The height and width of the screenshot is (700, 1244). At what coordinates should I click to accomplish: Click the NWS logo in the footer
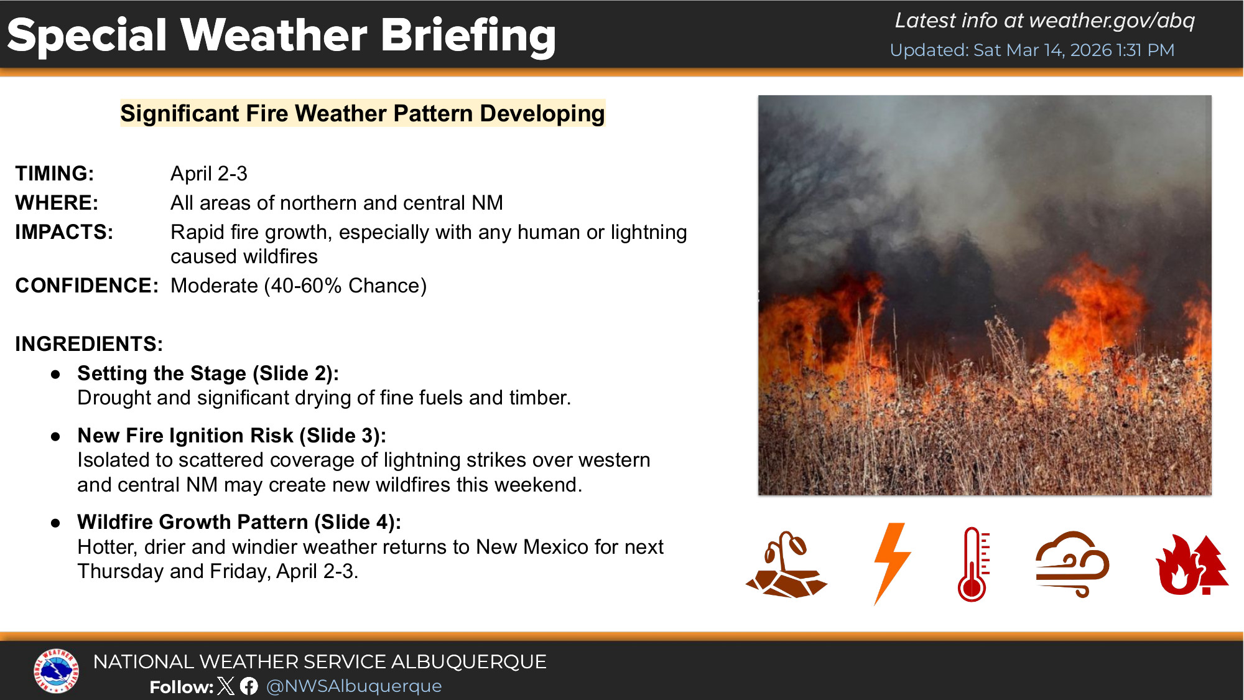(56, 671)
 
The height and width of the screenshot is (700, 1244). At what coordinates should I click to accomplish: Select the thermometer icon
(973, 564)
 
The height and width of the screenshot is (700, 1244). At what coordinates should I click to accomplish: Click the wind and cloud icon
(1072, 564)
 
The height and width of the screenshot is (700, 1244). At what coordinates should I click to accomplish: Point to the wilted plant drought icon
(786, 564)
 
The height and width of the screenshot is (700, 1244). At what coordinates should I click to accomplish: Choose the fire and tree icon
(1192, 564)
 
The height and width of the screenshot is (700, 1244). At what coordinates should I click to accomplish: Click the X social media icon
(226, 686)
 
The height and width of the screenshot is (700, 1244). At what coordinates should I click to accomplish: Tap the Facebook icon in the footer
(249, 686)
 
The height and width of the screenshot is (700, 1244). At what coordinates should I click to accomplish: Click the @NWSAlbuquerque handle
(354, 686)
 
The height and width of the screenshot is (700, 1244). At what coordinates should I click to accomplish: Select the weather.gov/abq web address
(1112, 21)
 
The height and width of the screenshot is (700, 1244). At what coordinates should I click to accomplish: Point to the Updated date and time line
(1032, 50)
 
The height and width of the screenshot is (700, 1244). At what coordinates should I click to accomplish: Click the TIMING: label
(55, 174)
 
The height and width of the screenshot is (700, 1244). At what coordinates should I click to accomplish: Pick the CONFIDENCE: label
(87, 286)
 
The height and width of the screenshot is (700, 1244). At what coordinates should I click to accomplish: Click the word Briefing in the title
(468, 36)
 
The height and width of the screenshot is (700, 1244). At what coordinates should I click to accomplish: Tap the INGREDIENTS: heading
(89, 344)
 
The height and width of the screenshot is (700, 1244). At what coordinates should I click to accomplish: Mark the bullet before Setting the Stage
(56, 375)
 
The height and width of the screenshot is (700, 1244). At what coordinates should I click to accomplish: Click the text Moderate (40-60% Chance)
(299, 286)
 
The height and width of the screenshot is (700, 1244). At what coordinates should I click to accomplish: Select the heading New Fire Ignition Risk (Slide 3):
(232, 436)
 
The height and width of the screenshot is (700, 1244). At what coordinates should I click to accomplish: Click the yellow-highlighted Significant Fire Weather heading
(363, 114)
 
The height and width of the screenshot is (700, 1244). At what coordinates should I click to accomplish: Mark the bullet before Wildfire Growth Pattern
(56, 523)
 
